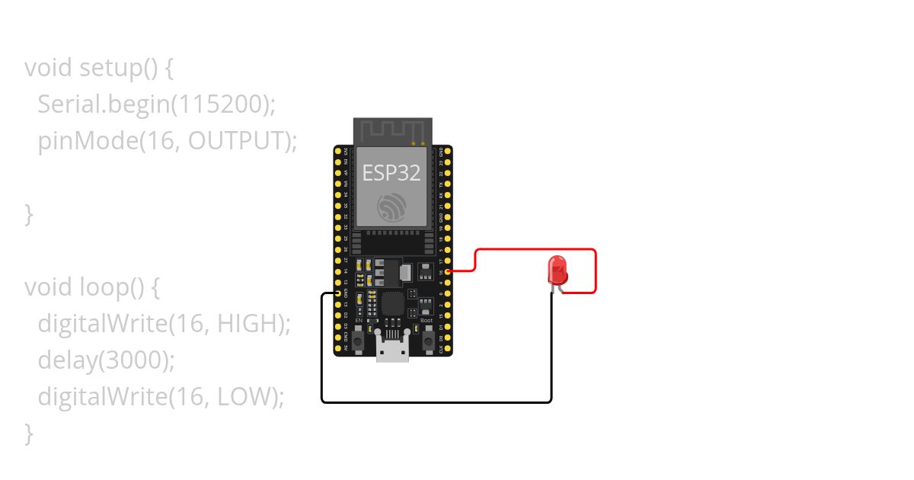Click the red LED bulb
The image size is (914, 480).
pos(557,270)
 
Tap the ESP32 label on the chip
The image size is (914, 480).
pos(391,173)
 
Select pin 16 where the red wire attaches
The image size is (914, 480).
pos(449,271)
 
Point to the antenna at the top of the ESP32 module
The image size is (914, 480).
pos(392,131)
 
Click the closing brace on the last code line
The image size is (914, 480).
pos(29,433)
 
